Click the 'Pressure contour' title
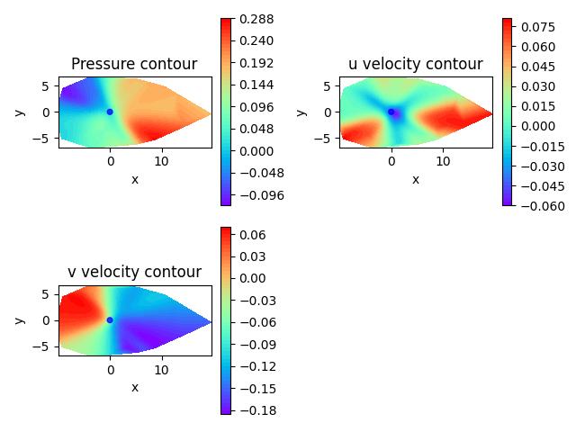coord(134,64)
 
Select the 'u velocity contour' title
coord(415,64)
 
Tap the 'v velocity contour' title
coord(134,272)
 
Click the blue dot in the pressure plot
coord(110,112)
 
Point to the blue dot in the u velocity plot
coord(391,112)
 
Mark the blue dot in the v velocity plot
coord(110,319)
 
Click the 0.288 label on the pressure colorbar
coord(257,19)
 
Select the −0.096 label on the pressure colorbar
coord(259,194)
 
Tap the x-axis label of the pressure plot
coord(135,179)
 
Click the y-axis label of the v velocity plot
coord(19,319)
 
